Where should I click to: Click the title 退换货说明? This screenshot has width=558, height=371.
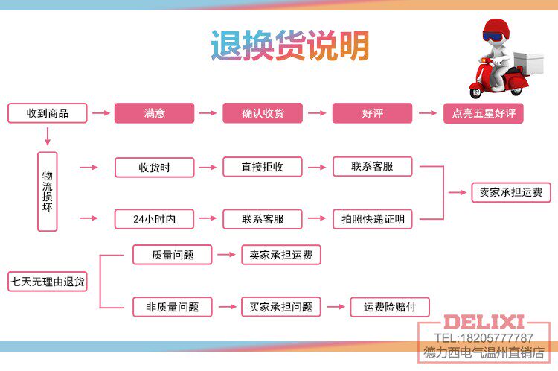[x=290, y=45]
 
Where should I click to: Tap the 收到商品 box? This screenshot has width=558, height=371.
[x=48, y=113]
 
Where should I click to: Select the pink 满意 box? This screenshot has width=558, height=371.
[x=155, y=113]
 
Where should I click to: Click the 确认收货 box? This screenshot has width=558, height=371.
[x=263, y=113]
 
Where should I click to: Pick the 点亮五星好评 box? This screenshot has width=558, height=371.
[x=484, y=113]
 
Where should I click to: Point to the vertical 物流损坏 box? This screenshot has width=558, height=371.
[x=48, y=191]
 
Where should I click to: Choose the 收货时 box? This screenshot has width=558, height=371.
[x=155, y=167]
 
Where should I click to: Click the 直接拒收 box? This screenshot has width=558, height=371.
[x=263, y=167]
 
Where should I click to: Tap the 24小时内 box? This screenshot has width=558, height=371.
[x=155, y=219]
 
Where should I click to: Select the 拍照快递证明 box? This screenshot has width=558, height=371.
[x=373, y=219]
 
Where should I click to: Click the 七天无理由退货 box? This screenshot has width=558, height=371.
[x=48, y=282]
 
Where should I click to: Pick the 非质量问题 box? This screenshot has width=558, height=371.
[x=173, y=307]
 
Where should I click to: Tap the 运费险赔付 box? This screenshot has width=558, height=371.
[x=390, y=307]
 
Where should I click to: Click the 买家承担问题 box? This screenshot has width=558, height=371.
[x=281, y=307]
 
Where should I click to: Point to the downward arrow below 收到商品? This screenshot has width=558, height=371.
[x=48, y=136]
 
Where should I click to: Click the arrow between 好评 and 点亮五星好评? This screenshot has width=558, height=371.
[x=428, y=113]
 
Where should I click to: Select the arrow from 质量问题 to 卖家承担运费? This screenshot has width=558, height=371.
[x=227, y=255]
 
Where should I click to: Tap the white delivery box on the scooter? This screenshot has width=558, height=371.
[x=528, y=63]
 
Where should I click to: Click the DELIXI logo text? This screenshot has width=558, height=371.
[x=484, y=322]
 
